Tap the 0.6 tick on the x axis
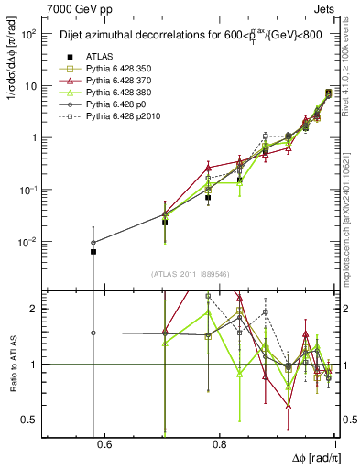click(104, 445)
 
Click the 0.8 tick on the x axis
click(220, 445)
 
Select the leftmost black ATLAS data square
click(93, 251)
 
